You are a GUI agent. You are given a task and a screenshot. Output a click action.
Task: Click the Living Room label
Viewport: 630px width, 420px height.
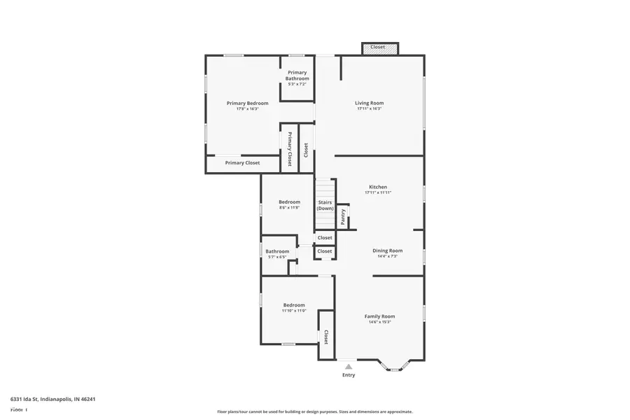(369, 103)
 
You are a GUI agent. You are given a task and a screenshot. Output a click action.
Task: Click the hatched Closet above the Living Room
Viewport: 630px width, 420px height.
(379, 48)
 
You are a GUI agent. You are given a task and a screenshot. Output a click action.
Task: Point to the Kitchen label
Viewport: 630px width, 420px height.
(378, 187)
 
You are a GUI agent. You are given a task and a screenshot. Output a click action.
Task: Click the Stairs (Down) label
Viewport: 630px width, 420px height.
(325, 205)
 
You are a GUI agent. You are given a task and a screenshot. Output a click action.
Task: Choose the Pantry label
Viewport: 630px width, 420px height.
(343, 217)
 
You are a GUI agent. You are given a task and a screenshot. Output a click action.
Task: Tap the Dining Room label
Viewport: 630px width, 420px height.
(387, 251)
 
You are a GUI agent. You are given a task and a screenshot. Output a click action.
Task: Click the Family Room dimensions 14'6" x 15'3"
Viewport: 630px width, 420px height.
(379, 322)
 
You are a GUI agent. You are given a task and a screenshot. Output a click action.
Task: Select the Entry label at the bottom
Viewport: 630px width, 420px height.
(348, 375)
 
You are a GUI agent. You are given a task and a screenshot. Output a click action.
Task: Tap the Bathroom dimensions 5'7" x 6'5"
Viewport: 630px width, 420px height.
(276, 257)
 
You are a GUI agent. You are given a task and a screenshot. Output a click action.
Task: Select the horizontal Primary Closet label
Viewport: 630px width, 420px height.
(242, 163)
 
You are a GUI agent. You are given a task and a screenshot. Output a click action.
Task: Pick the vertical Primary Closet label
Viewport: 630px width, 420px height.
(289, 148)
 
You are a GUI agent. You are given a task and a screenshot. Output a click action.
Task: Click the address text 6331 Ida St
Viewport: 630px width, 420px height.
(52, 399)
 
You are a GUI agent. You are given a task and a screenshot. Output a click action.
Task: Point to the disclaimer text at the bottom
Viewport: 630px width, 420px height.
(314, 412)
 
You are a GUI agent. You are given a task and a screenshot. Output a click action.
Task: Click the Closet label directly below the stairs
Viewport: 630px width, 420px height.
(325, 238)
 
